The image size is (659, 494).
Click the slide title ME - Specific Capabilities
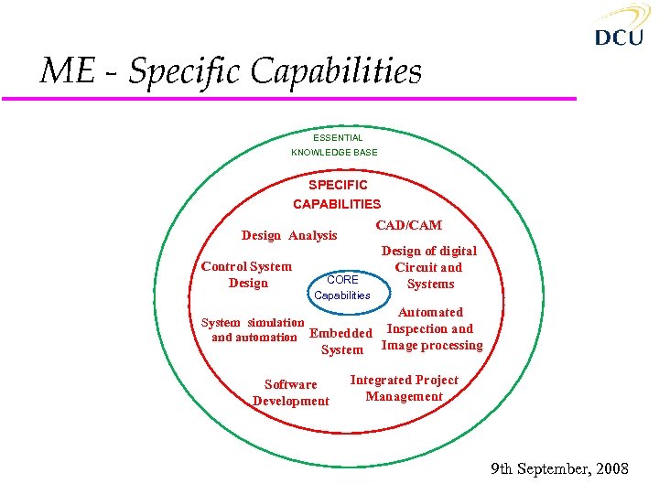[231, 71]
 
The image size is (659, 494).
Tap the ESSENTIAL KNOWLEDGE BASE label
[335, 145]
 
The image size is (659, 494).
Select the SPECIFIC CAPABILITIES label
[337, 194]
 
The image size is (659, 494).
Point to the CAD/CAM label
[408, 225]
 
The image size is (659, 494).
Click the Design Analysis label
[289, 235]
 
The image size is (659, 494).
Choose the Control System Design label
[247, 274]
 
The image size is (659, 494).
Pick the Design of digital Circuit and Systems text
[428, 267]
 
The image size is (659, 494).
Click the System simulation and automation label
[254, 329]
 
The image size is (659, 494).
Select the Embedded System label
[341, 341]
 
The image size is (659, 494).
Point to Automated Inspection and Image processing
[431, 328]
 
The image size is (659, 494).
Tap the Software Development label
[291, 392]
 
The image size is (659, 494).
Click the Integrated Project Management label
[404, 388]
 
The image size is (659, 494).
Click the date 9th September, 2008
[559, 469]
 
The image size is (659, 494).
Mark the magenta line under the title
[302, 98]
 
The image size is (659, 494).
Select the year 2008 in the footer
[610, 469]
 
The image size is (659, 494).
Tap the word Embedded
[341, 334]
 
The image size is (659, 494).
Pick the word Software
[291, 385]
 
